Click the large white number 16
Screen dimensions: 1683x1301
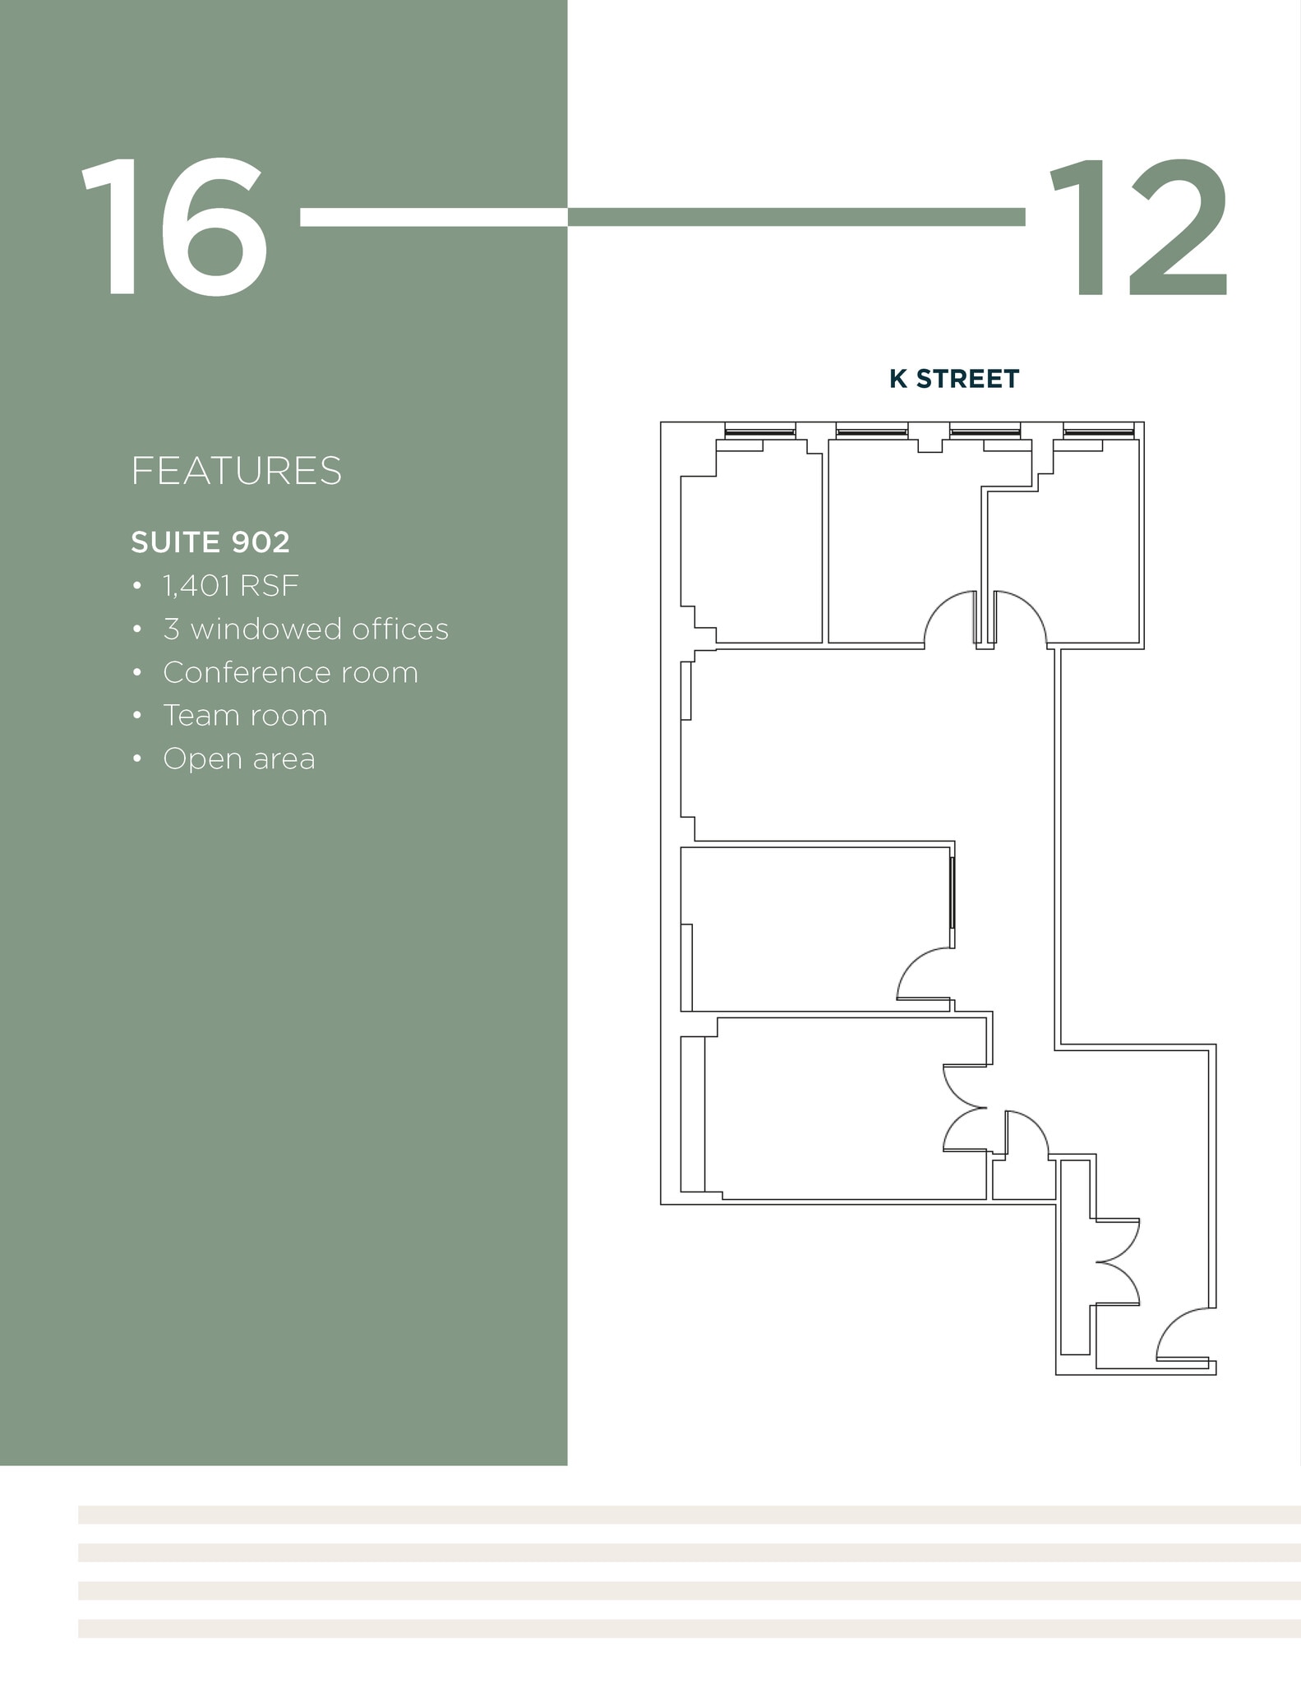click(174, 228)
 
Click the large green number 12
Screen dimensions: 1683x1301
click(1137, 228)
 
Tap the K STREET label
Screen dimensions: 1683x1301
click(953, 379)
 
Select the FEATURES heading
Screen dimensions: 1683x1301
click(236, 471)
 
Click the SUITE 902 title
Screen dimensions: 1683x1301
click(210, 542)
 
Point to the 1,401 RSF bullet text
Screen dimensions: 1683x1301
click(230, 586)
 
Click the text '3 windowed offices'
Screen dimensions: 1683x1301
click(305, 629)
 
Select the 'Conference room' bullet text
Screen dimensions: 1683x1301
click(290, 673)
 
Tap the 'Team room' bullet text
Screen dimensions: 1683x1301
click(245, 716)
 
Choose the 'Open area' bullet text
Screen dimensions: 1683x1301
click(238, 759)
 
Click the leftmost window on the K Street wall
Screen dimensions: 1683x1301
click(759, 431)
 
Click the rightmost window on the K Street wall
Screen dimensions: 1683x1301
click(1098, 431)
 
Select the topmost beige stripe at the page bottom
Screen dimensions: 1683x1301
click(689, 1515)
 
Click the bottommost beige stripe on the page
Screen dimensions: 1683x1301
click(689, 1628)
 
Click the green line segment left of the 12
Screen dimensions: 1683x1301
click(796, 217)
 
